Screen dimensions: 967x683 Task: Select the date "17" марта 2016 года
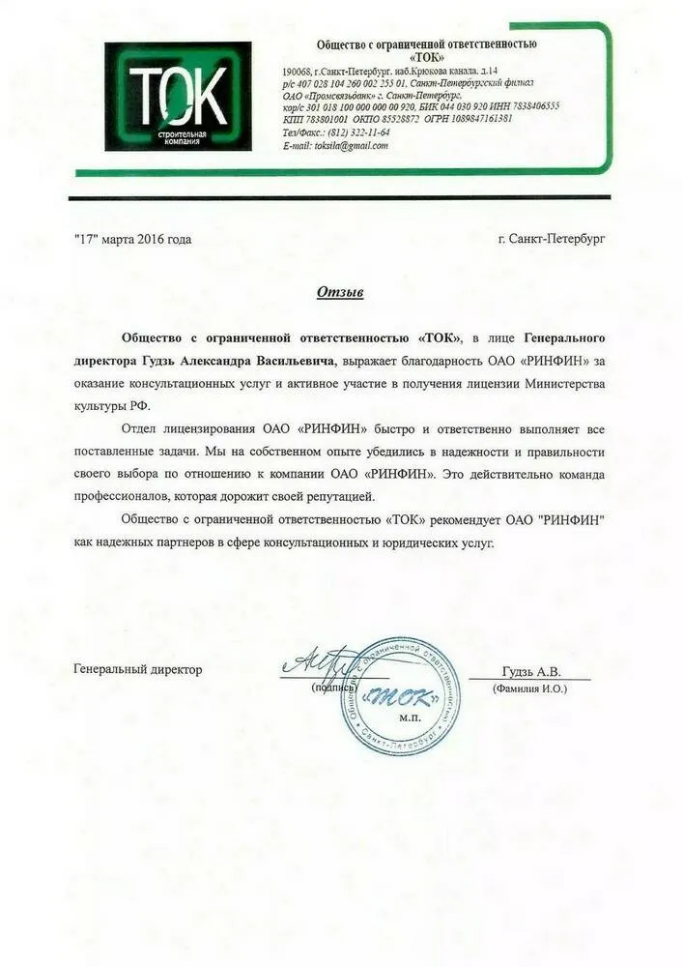(x=133, y=238)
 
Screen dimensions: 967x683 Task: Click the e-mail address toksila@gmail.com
(x=349, y=146)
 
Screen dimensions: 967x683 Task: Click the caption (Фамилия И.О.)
(x=530, y=689)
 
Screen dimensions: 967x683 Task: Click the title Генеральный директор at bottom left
(x=138, y=670)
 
